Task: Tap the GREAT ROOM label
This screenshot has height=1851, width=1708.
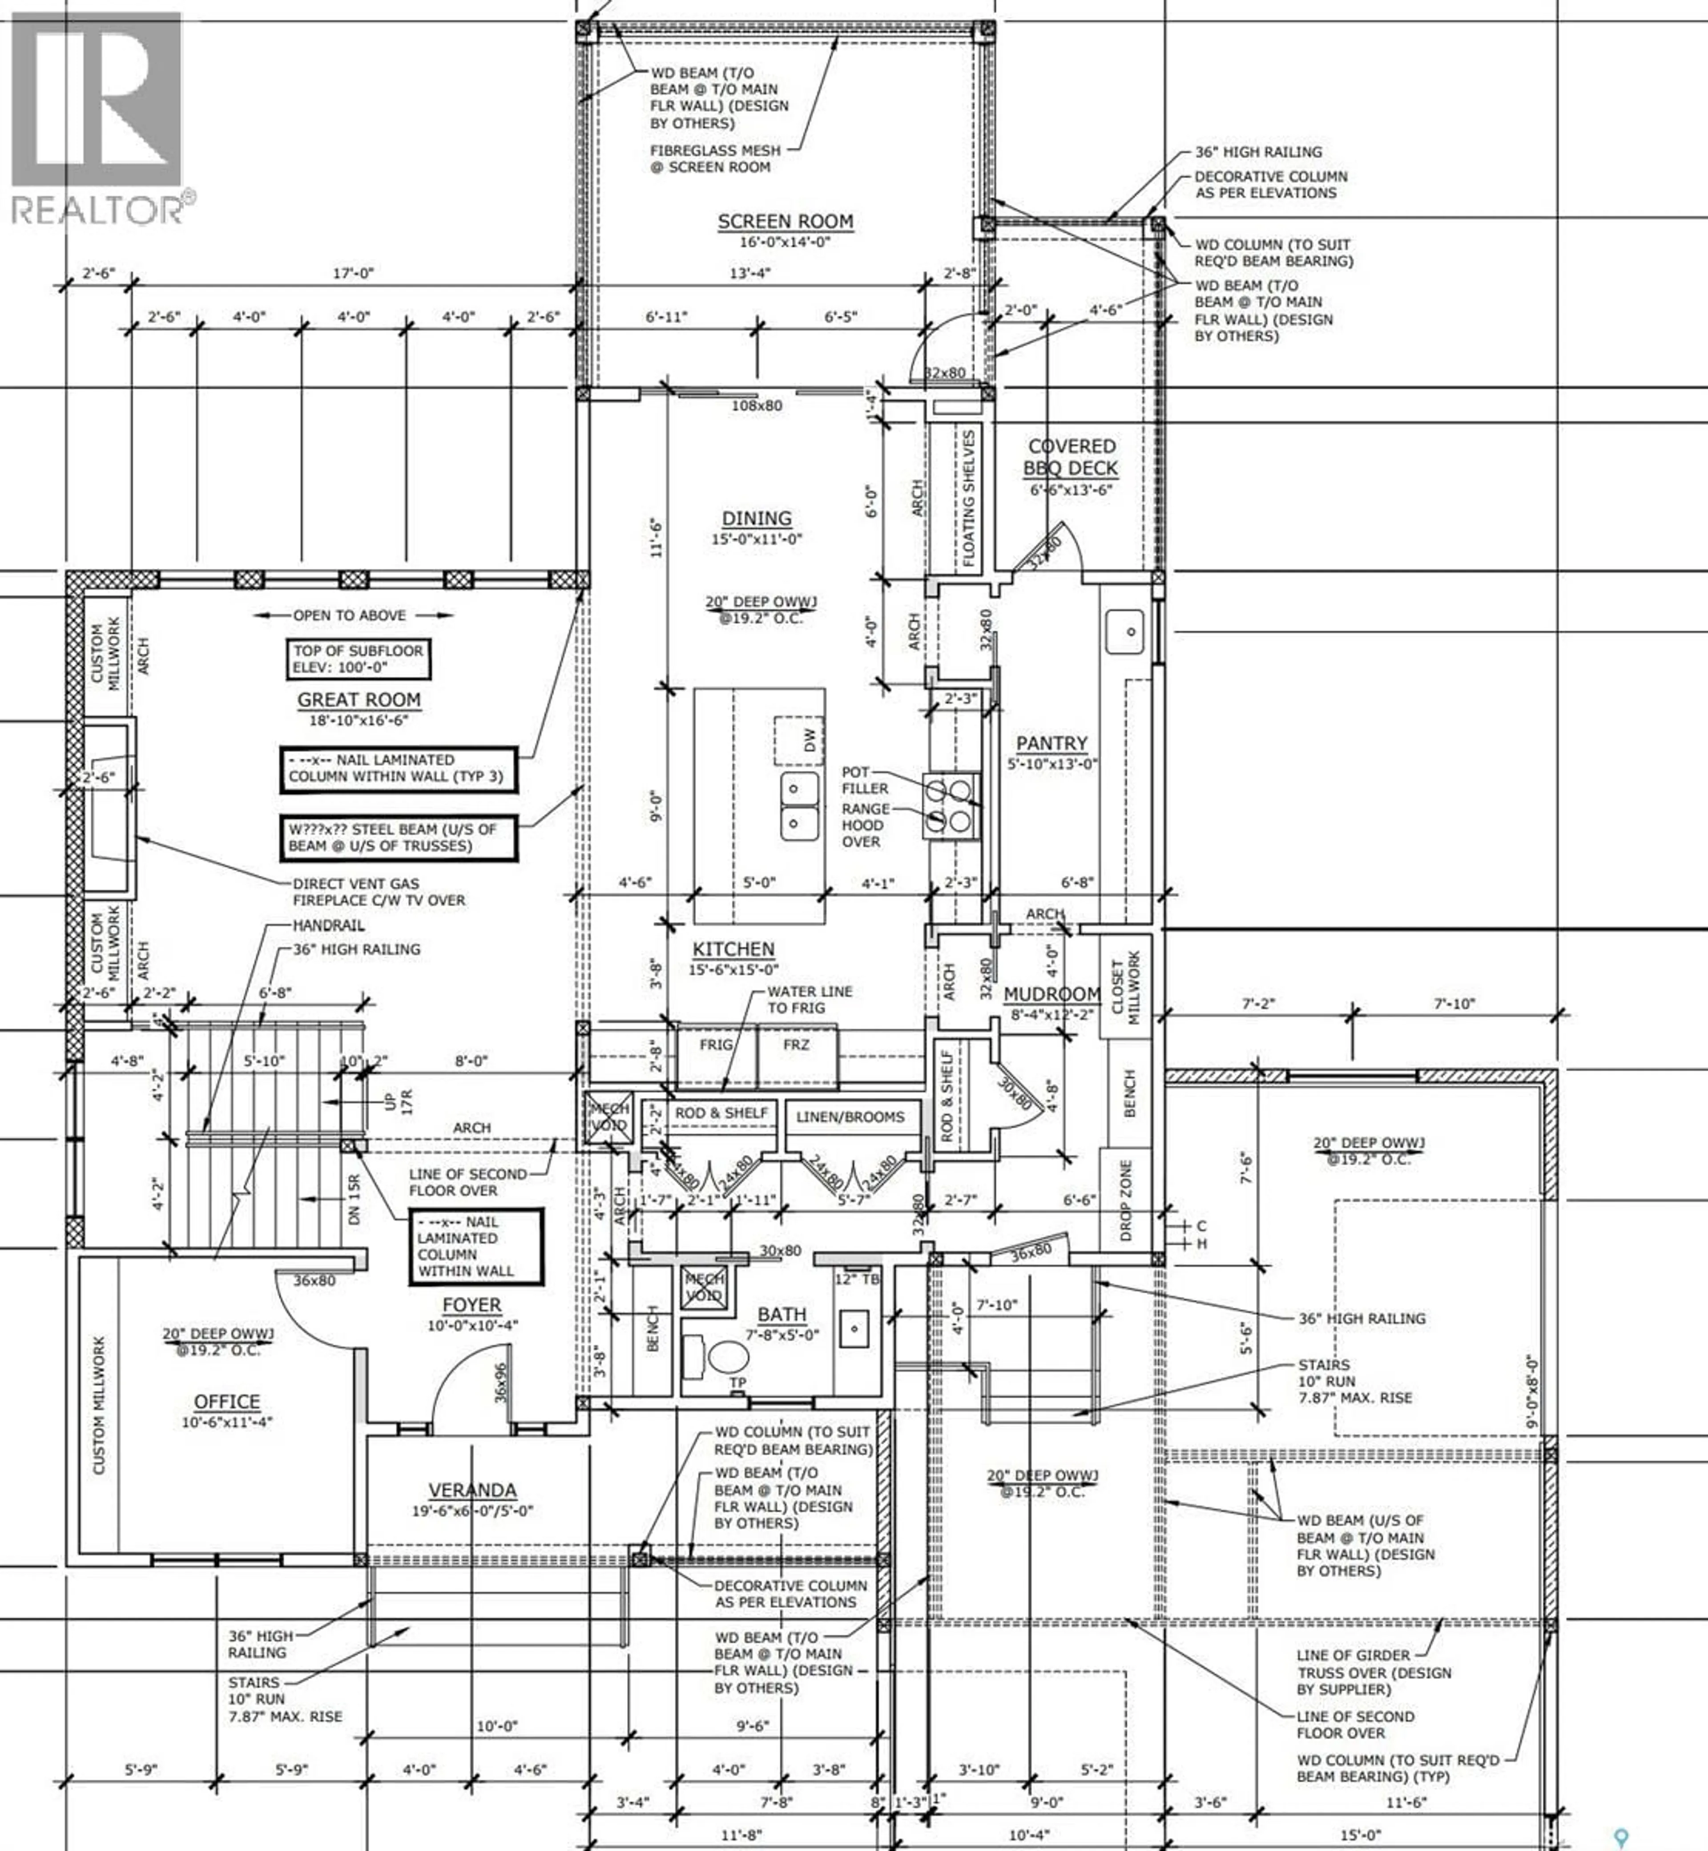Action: point(359,701)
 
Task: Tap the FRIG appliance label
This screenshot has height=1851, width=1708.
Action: point(716,1045)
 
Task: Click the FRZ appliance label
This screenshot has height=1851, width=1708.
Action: point(796,1045)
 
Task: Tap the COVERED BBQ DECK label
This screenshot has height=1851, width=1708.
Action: point(1071,457)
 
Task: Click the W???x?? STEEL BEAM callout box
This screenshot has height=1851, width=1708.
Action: point(398,838)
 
